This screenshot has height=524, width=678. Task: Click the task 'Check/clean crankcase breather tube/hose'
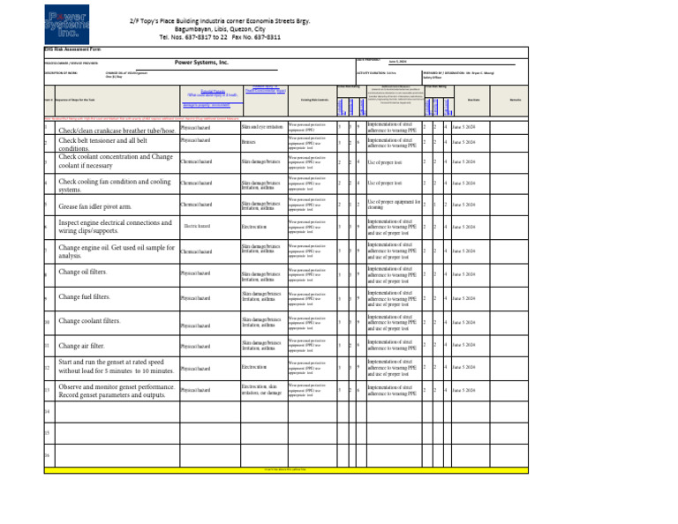click(115, 131)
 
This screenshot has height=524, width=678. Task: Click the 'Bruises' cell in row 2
click(248, 142)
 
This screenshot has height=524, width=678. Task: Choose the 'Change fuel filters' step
click(85, 297)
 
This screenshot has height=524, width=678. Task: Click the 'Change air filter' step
click(82, 346)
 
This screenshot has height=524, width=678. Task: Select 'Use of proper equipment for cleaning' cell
click(392, 205)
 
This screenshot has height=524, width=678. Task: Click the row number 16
click(46, 455)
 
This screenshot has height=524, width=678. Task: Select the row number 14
click(46, 412)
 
